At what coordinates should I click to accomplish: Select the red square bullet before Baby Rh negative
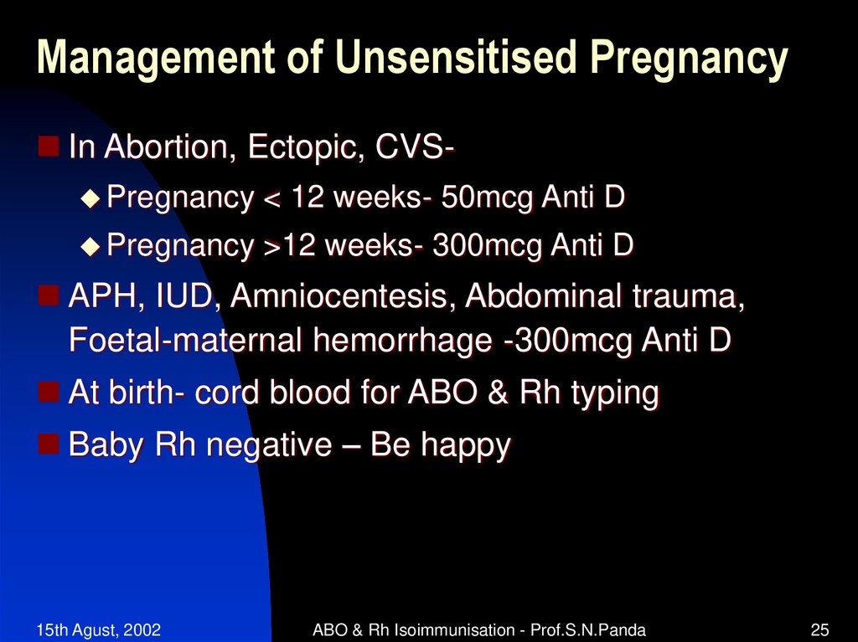pyautogui.click(x=49, y=442)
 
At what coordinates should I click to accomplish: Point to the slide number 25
pyautogui.click(x=819, y=629)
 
